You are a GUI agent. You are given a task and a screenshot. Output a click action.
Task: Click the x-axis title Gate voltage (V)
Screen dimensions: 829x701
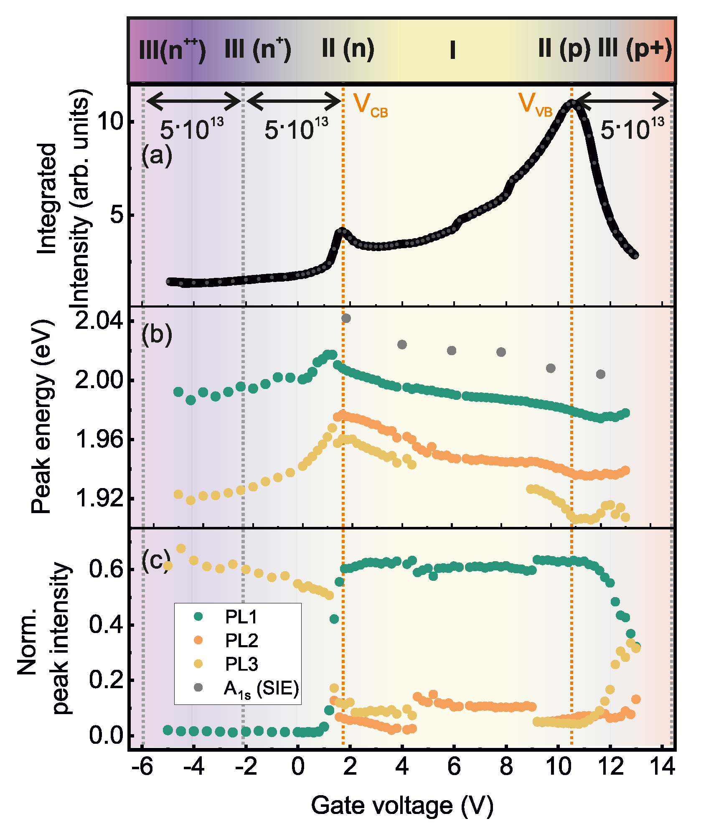pos(402,805)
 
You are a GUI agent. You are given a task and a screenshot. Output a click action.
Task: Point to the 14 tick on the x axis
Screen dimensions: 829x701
pos(662,766)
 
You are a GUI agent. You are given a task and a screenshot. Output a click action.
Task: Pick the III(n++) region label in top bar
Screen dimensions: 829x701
pos(172,51)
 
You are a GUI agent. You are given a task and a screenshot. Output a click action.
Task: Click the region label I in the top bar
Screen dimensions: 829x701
pos(452,51)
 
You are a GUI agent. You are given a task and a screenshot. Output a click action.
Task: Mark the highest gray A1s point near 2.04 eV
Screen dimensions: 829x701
pos(346,318)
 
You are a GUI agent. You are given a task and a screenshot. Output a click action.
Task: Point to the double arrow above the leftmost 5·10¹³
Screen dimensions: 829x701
pos(193,101)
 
